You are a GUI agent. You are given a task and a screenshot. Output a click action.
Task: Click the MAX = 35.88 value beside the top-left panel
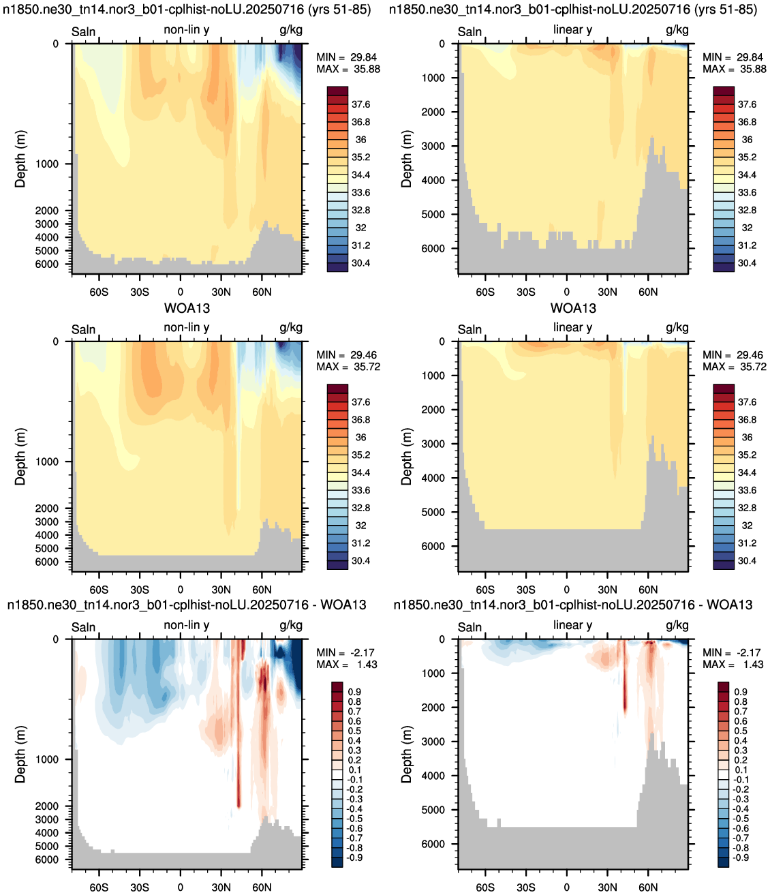point(348,70)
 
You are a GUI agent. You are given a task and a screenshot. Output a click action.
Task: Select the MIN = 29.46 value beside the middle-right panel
point(734,355)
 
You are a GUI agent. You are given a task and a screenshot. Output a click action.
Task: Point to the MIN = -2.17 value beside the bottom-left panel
point(345,652)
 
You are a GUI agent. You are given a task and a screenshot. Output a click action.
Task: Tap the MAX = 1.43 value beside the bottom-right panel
point(733,664)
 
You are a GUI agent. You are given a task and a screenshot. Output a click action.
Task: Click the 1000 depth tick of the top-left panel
point(47,164)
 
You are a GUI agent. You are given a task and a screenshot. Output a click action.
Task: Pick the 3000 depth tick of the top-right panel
point(433,146)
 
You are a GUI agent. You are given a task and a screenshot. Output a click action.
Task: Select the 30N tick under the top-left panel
point(221,292)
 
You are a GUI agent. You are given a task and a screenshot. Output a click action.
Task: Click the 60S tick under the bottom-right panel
point(484,888)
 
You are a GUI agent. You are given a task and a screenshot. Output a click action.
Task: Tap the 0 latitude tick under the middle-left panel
point(180,590)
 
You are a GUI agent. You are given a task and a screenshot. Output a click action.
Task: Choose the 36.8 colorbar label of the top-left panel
point(360,122)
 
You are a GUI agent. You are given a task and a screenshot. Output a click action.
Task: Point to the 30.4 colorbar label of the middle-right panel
point(747,561)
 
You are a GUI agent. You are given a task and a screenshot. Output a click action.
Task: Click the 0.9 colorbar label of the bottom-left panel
point(354,691)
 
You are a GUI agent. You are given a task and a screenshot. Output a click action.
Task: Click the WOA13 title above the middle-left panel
point(187,308)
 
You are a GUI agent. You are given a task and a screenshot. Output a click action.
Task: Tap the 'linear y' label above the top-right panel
point(572,30)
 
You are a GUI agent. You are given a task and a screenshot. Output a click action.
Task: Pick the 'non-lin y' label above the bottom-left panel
point(186,625)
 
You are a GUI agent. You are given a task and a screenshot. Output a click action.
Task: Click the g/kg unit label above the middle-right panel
point(677,328)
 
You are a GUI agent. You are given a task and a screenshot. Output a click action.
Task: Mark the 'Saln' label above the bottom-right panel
point(469,627)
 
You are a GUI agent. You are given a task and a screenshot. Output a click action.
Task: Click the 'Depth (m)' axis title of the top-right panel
point(406,159)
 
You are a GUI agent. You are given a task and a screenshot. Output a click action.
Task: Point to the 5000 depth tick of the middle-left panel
point(47,548)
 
